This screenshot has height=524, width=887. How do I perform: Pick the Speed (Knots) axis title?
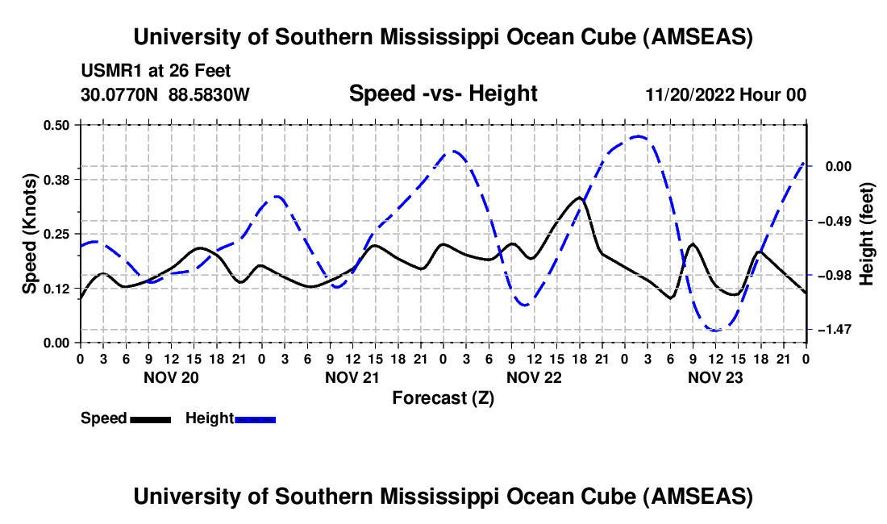point(30,234)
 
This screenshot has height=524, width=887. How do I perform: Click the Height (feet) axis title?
point(868,234)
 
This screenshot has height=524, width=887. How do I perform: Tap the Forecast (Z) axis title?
point(443,397)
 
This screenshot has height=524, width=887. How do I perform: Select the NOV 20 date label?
point(170,376)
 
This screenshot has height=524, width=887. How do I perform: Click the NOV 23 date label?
point(714,376)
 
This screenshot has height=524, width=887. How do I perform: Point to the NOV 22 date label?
point(533,376)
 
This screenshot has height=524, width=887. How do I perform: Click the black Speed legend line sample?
point(149,418)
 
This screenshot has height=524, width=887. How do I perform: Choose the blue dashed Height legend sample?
point(255,418)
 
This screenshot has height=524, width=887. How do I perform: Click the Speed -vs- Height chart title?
point(443,94)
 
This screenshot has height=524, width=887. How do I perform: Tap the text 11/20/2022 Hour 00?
point(725,94)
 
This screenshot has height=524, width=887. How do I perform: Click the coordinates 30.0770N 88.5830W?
point(165,94)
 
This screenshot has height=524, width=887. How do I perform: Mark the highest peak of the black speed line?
point(579,197)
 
